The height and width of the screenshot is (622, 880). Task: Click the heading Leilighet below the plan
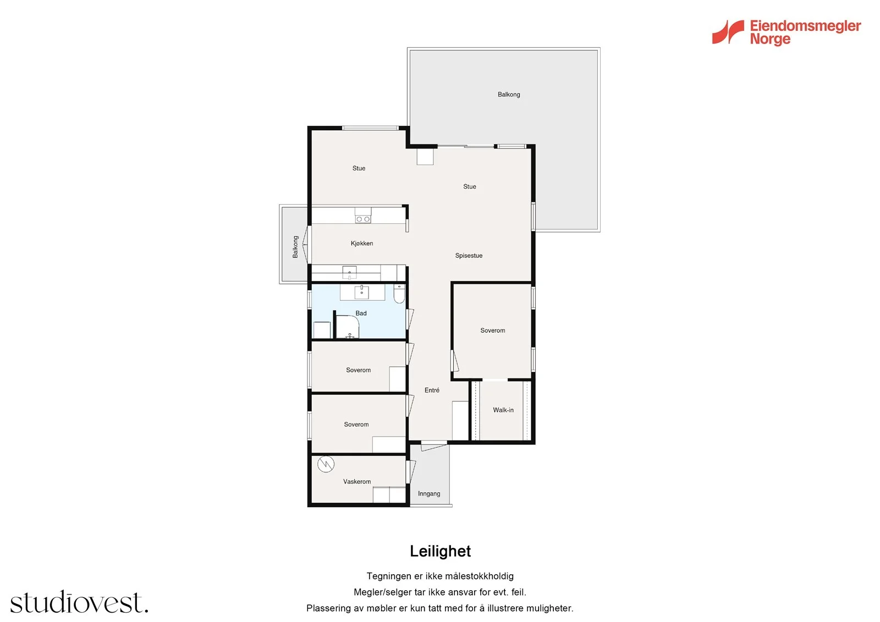pyautogui.click(x=440, y=551)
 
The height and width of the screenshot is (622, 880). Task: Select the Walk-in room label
pyautogui.click(x=503, y=410)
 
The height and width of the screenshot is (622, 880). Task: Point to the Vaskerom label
pyautogui.click(x=357, y=481)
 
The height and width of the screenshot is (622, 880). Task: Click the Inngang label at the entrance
pyautogui.click(x=428, y=493)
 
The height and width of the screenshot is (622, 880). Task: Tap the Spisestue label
pyautogui.click(x=469, y=255)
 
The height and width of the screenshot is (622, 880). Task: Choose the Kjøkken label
pyautogui.click(x=362, y=243)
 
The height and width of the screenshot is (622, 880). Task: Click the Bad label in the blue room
pyautogui.click(x=361, y=313)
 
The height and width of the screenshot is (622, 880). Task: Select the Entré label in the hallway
pyautogui.click(x=432, y=390)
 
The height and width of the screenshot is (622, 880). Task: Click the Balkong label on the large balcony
pyautogui.click(x=509, y=94)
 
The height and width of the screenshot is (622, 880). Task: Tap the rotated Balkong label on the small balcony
pyautogui.click(x=295, y=247)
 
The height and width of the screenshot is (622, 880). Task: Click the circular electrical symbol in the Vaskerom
pyautogui.click(x=326, y=464)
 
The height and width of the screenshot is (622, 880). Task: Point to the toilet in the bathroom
pyautogui.click(x=399, y=294)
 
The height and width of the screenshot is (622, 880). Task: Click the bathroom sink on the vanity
pyautogui.click(x=361, y=293)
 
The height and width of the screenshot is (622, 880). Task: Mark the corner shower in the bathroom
pyautogui.click(x=348, y=327)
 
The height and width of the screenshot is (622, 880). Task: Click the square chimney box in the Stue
pyautogui.click(x=425, y=156)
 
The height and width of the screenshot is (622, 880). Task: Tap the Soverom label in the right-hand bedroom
pyautogui.click(x=493, y=331)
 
